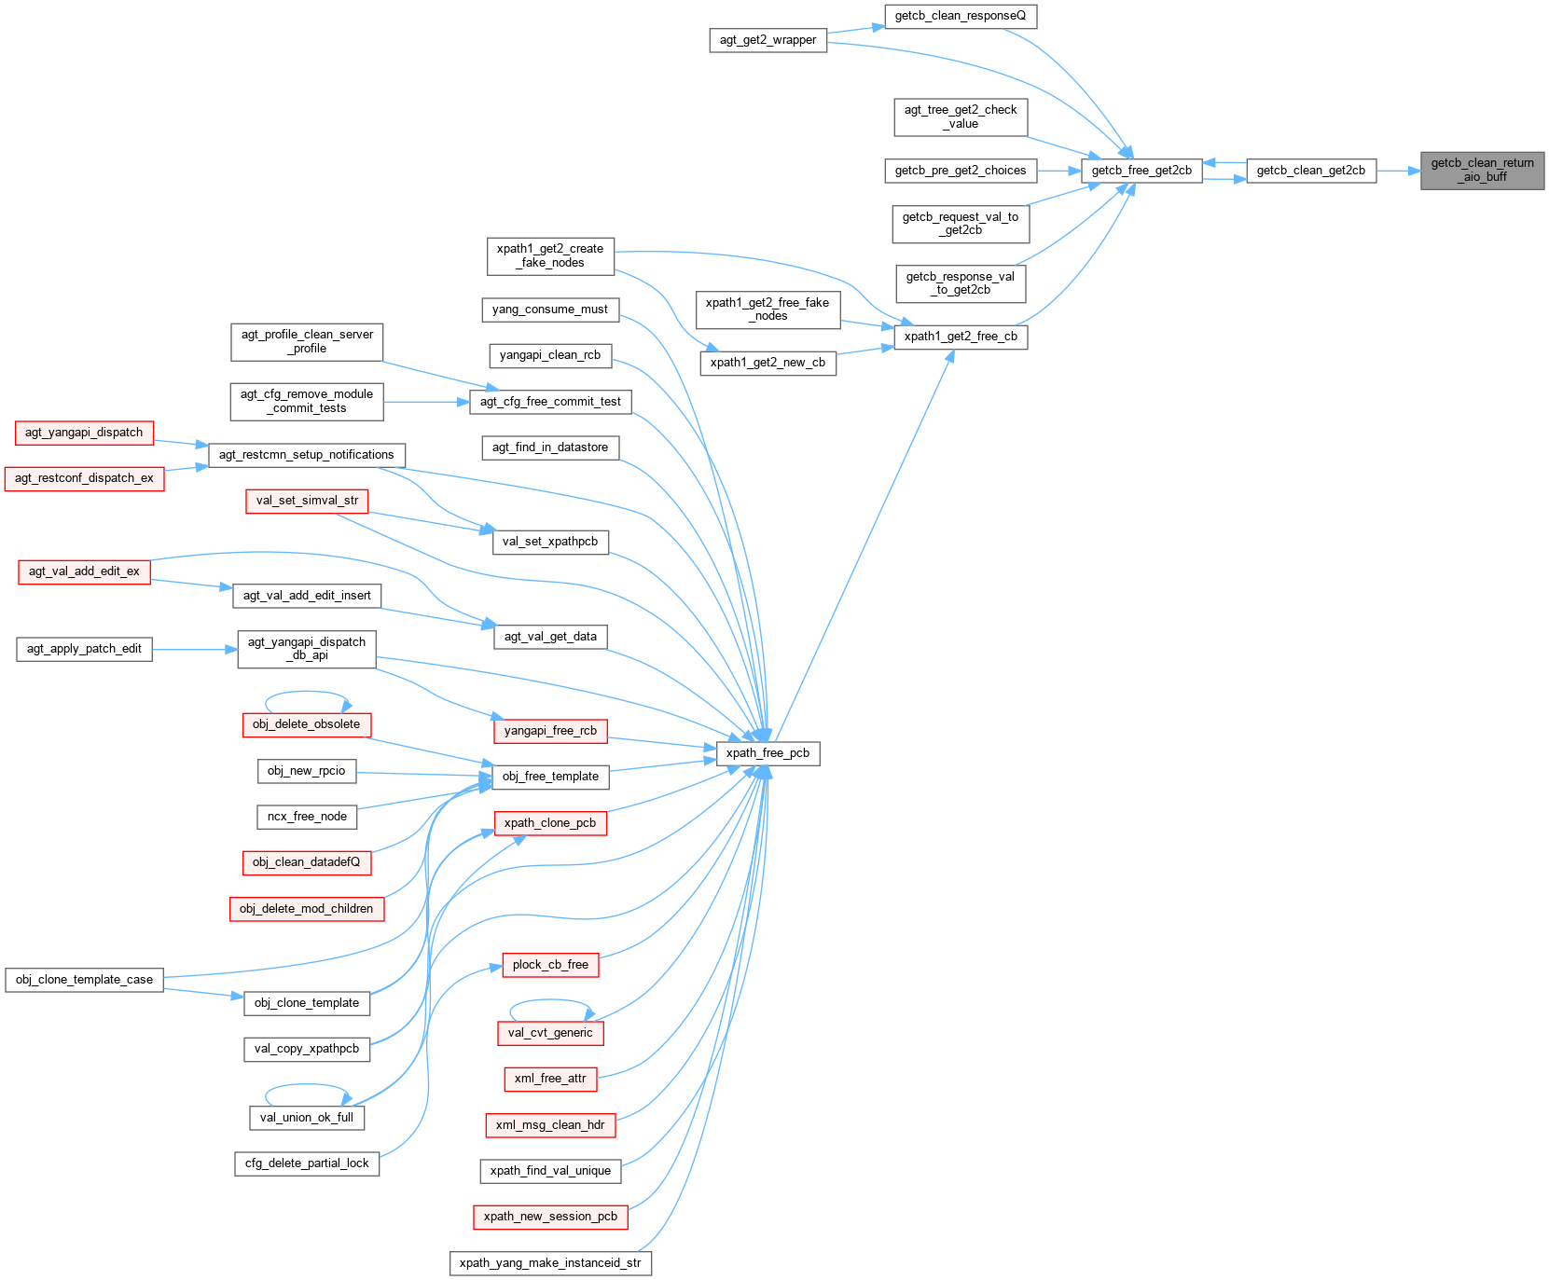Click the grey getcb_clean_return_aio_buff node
(x=1482, y=170)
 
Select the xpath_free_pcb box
(x=768, y=753)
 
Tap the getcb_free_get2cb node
(x=1141, y=171)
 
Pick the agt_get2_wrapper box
(x=768, y=40)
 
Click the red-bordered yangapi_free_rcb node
(x=550, y=731)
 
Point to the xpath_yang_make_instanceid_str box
(x=550, y=1263)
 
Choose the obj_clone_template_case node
(x=84, y=980)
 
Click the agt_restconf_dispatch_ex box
(x=84, y=478)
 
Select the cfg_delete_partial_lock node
(x=307, y=1163)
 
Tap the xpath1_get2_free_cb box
(x=961, y=337)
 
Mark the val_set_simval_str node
(x=307, y=501)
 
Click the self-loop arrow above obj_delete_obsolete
(x=307, y=693)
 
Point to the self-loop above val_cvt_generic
(x=550, y=1001)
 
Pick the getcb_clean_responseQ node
(x=960, y=16)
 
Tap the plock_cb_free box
(x=550, y=965)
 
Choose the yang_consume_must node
(x=550, y=310)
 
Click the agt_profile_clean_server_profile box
(x=307, y=342)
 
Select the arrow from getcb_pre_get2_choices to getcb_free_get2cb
(x=1058, y=171)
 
